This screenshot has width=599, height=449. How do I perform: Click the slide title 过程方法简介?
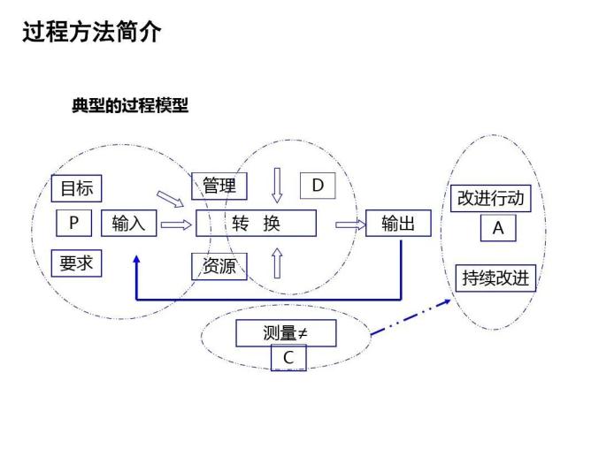point(91,32)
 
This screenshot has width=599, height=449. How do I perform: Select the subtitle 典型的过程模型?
point(130,106)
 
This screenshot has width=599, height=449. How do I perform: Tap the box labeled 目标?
point(76,188)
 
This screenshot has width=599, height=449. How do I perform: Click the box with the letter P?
point(73,224)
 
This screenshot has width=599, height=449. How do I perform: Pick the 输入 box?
point(129,224)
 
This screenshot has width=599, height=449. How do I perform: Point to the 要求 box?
point(76,263)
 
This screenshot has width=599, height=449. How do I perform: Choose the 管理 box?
point(219,186)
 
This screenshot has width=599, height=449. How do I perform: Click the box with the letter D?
point(318,186)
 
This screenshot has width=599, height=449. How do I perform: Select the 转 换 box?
point(257,224)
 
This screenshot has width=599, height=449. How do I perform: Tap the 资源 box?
point(219,265)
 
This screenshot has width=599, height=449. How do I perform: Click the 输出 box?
point(398,224)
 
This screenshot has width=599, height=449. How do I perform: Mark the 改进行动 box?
point(490,198)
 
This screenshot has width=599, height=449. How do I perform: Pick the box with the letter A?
point(497,228)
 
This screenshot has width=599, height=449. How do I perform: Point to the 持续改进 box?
point(495,278)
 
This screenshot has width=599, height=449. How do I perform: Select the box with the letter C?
point(288,358)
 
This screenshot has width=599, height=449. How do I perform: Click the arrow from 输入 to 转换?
point(176,224)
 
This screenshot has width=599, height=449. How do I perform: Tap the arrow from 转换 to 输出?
point(350,224)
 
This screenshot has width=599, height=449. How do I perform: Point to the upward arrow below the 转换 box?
point(277,263)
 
